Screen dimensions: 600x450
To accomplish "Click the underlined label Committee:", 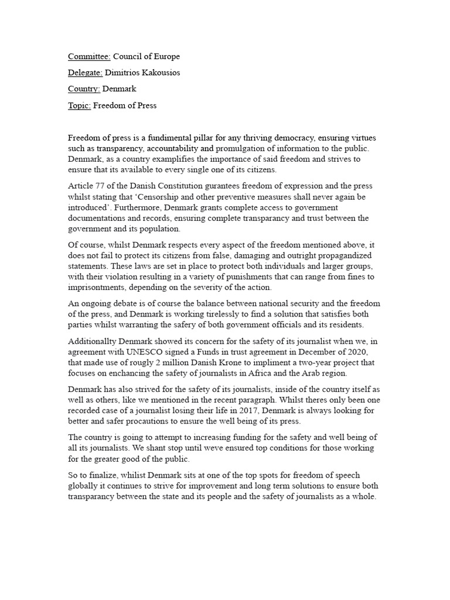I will [89, 57].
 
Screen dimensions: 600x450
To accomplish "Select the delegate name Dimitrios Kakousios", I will [143, 73].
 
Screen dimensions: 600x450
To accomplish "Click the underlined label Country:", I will [84, 89].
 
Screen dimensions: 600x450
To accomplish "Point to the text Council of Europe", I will [146, 57].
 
